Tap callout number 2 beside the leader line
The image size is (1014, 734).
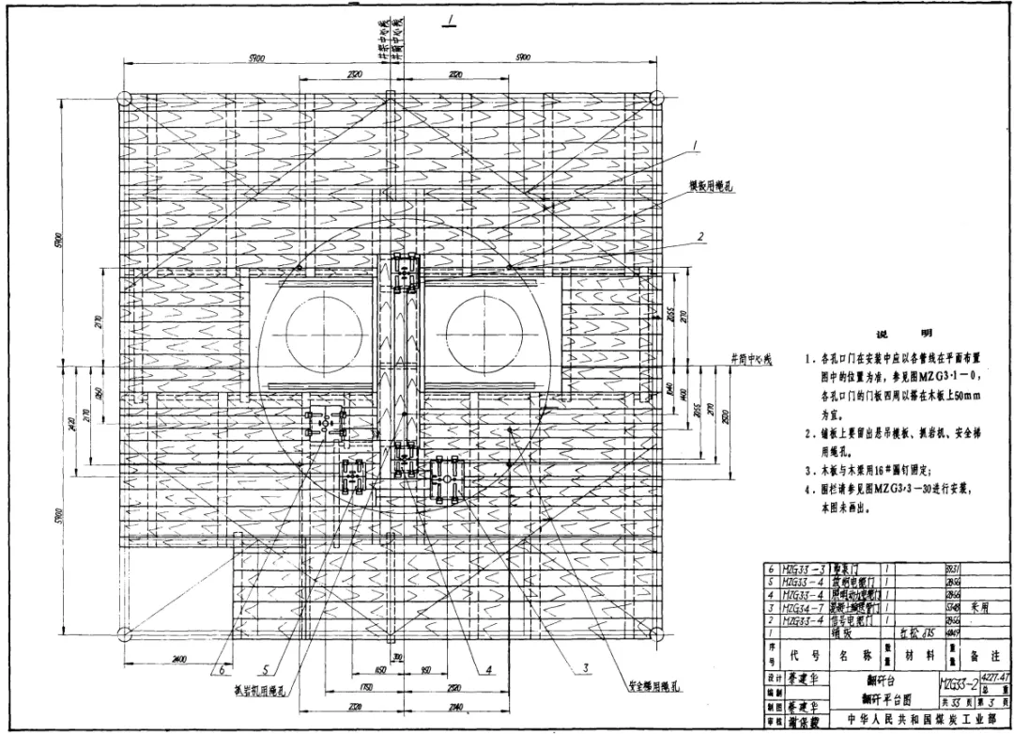[700, 236]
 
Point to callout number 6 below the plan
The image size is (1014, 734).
[222, 669]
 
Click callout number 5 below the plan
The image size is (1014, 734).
[267, 669]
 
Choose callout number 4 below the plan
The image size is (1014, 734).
[488, 669]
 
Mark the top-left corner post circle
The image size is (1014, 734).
[122, 98]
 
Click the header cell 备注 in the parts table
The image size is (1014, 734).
[985, 654]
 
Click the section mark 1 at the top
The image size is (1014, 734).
[452, 19]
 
